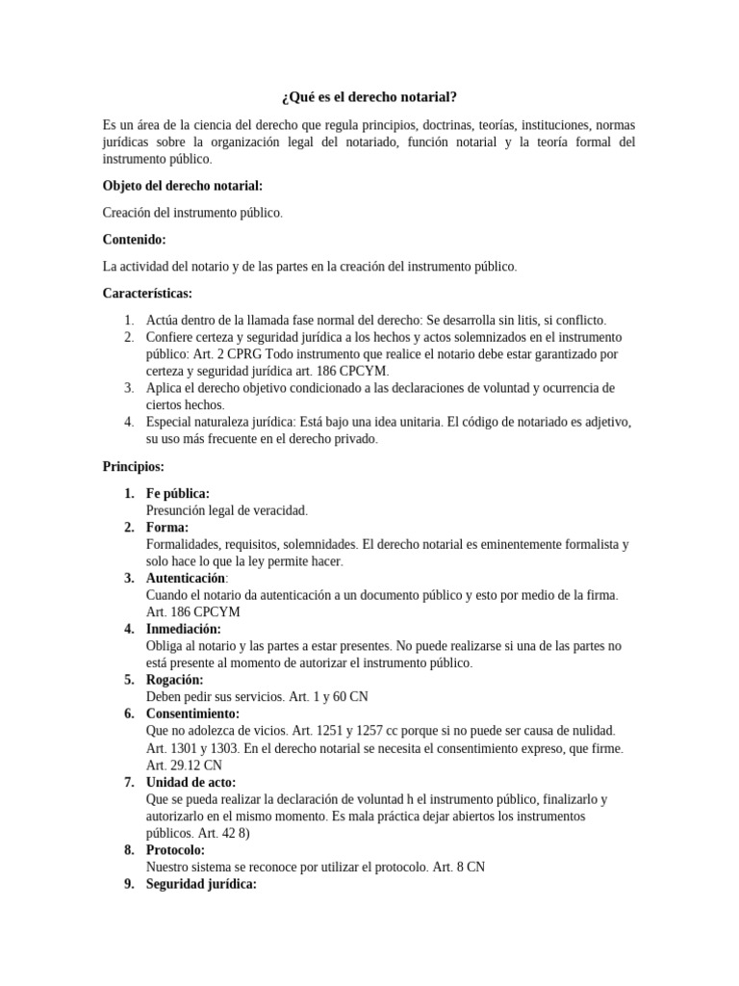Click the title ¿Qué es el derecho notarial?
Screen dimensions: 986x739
369,97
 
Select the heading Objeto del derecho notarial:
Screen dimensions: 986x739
182,185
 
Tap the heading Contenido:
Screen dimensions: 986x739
134,239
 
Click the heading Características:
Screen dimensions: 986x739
147,293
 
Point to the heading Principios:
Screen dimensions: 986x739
134,466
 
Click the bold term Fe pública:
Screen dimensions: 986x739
178,494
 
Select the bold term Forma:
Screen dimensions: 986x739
167,528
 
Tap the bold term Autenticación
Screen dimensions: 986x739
186,578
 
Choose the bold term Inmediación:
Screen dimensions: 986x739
183,629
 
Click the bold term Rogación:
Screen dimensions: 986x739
174,680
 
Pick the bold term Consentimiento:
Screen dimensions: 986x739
192,714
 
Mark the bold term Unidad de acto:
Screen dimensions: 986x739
191,782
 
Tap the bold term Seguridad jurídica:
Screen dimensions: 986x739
201,884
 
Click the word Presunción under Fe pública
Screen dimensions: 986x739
177,510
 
